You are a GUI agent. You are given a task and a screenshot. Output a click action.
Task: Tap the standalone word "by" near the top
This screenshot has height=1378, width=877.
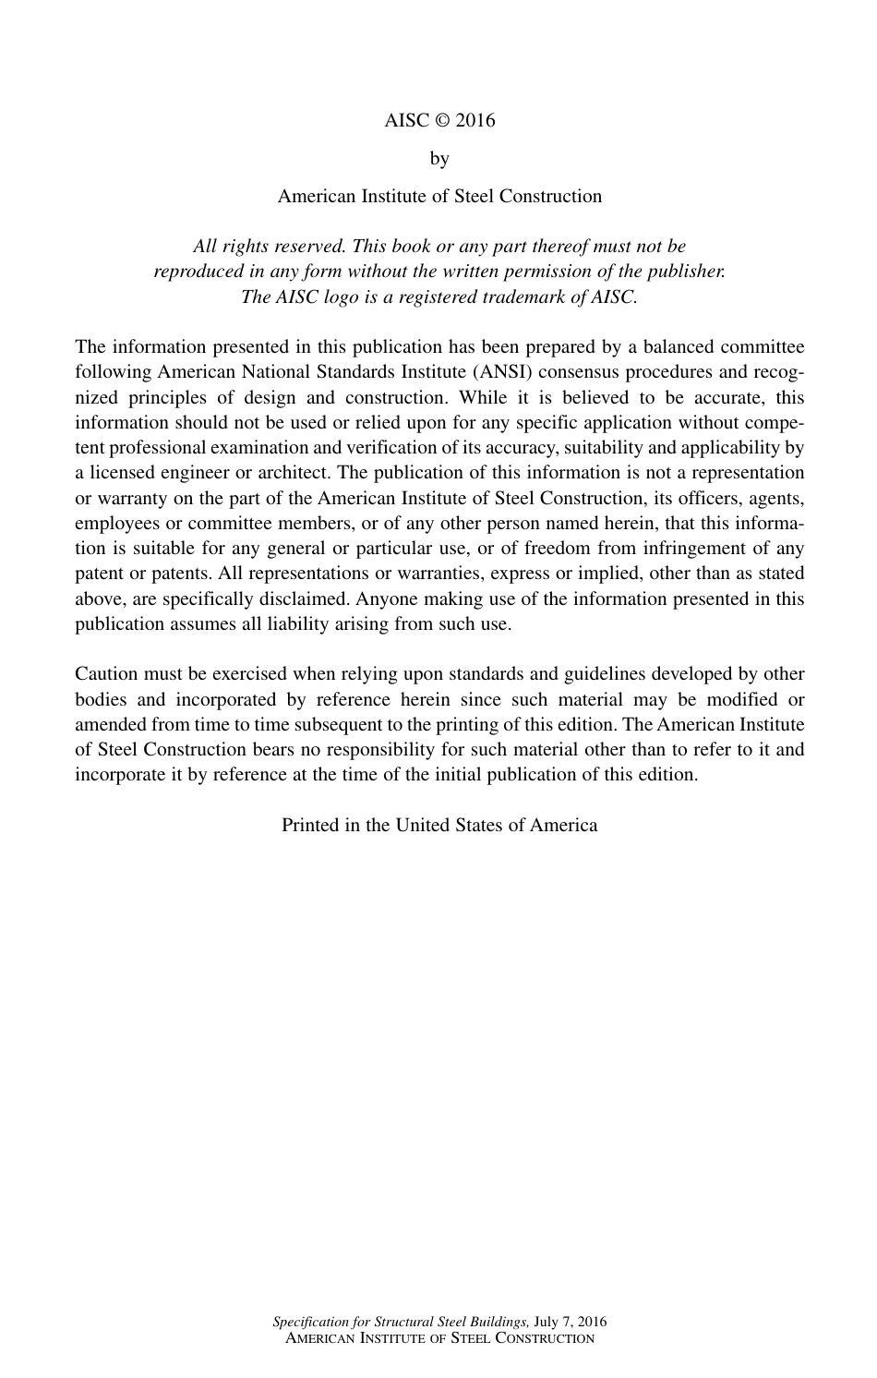pos(439,159)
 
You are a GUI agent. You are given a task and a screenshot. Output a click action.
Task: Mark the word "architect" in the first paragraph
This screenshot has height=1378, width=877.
pos(290,473)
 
